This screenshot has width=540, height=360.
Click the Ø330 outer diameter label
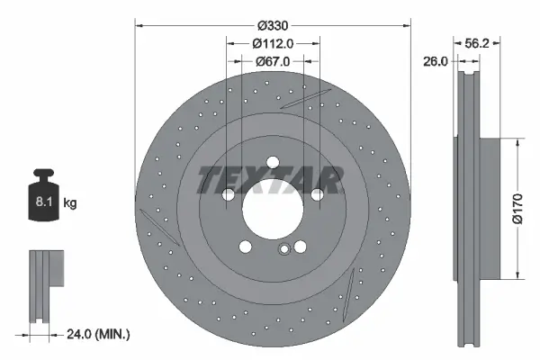click(272, 26)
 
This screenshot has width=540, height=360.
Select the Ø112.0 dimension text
click(272, 44)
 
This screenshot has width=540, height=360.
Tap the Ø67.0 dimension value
click(272, 62)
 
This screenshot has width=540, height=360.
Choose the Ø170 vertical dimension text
click(517, 207)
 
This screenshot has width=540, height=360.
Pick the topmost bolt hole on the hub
click(272, 165)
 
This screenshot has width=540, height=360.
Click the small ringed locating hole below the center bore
click(284, 251)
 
